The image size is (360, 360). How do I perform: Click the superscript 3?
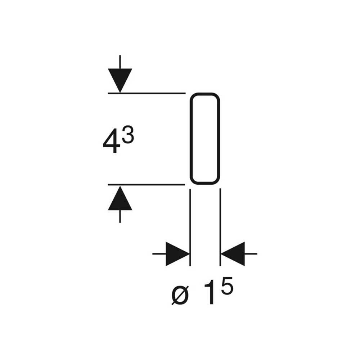click(128, 135)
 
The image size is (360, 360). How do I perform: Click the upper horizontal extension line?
click(147, 93)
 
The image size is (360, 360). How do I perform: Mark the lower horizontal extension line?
click(147, 184)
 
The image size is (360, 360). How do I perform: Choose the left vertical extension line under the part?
click(190, 227)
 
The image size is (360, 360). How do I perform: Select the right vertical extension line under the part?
click(220, 227)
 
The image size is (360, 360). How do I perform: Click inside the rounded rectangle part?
click(205, 139)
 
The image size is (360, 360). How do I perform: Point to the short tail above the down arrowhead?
click(120, 62)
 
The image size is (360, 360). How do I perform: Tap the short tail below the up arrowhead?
click(120, 216)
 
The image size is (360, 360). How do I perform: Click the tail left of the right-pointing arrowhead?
click(159, 254)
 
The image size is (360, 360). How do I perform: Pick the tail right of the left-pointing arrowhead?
click(251, 254)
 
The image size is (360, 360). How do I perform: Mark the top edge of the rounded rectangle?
click(205, 94)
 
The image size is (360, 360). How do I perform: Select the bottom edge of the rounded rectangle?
click(205, 184)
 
